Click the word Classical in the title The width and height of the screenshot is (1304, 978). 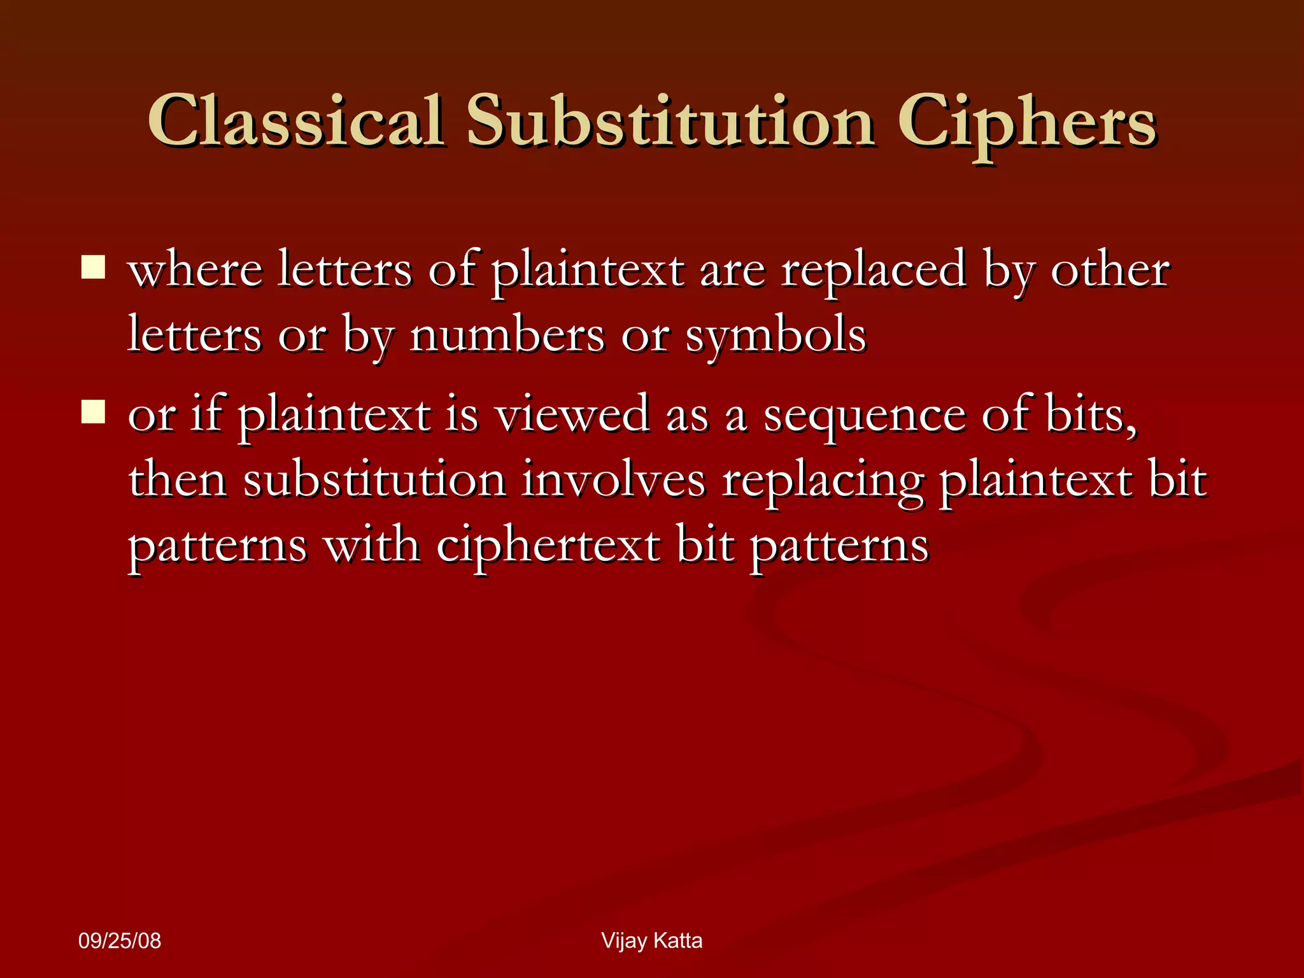tap(295, 121)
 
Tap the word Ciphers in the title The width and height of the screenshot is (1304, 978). tap(1026, 124)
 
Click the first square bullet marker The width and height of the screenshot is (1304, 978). tap(93, 267)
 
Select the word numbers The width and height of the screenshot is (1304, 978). tap(507, 336)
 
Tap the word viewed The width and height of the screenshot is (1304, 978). tap(572, 415)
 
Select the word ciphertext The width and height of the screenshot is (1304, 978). tap(548, 546)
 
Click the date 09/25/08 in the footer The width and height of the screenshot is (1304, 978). tap(120, 941)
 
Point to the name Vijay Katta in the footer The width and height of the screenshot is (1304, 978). tap(651, 941)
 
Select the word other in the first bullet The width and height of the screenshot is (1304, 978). tap(1109, 271)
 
